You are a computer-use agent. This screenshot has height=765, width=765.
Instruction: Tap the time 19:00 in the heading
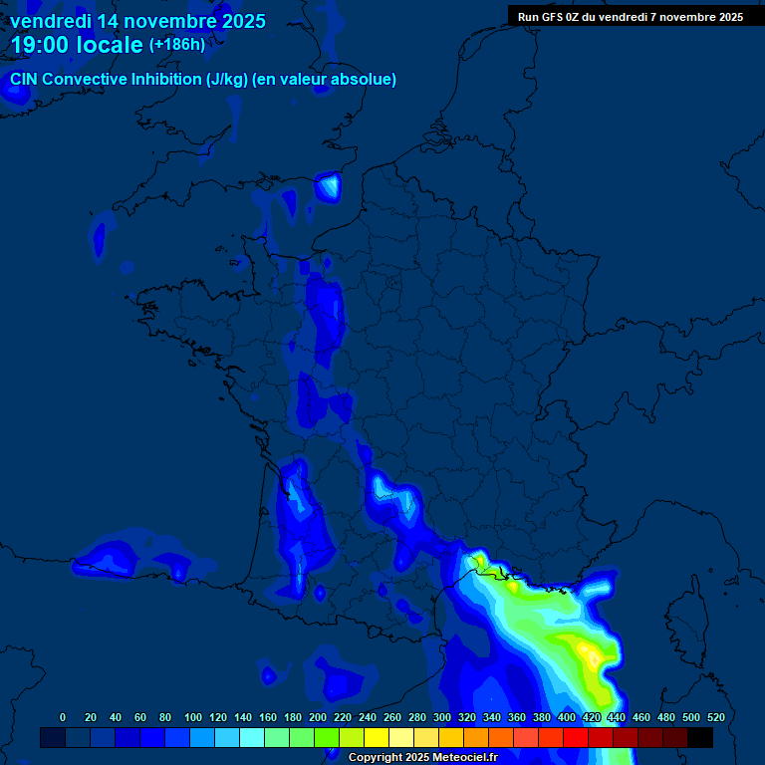click(x=41, y=45)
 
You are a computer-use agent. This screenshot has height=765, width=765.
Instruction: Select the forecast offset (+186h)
click(x=176, y=45)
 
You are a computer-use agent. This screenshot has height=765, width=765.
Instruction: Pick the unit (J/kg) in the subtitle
click(x=227, y=80)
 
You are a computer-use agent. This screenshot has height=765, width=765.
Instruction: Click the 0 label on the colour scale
click(x=63, y=717)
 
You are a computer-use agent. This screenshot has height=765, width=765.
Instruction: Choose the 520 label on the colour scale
click(x=715, y=717)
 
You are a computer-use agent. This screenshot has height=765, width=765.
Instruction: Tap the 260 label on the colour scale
click(x=391, y=717)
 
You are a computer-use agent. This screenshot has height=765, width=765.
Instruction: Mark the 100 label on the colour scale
click(x=192, y=717)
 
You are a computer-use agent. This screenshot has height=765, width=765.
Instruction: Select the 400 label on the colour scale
click(x=566, y=717)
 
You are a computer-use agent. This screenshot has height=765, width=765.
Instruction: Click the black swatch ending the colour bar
click(x=700, y=737)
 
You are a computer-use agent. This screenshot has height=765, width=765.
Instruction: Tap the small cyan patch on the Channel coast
click(x=327, y=186)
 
